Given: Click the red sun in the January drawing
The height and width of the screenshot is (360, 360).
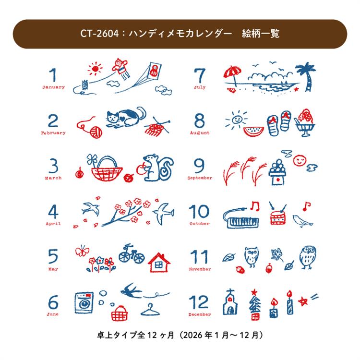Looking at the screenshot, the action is [95, 69].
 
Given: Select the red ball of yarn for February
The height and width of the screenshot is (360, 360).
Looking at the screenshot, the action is [96, 132].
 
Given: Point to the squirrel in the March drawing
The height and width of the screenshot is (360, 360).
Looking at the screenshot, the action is [158, 168].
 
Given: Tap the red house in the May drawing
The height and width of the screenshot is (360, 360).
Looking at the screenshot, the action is [159, 263].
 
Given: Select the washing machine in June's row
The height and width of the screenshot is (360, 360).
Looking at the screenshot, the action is [84, 302].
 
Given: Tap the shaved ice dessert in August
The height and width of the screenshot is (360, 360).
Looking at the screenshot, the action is [305, 123].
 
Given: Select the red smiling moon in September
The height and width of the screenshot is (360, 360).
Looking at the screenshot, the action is [300, 160].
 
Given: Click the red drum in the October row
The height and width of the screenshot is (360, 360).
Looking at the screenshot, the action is [278, 217].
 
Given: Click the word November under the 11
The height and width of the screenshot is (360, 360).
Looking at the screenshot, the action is [200, 269].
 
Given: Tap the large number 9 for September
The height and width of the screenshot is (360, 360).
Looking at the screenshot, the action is [199, 166].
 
